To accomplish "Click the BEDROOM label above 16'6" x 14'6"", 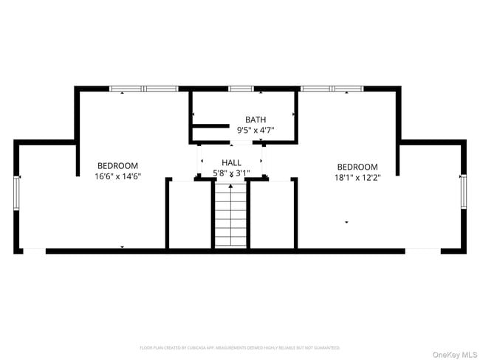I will tap(117, 166).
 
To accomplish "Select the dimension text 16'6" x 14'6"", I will tap(117, 176).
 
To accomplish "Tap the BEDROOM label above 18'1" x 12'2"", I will tap(357, 167).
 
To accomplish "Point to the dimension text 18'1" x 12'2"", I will tap(357, 177).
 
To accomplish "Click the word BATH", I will tap(256, 120).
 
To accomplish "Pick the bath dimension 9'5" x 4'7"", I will tap(256, 130).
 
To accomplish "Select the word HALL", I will tap(231, 163).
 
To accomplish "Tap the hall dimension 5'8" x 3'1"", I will tap(231, 173).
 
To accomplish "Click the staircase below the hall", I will tap(231, 215).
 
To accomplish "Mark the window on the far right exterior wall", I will tap(463, 190).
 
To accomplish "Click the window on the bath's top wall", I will tap(241, 89).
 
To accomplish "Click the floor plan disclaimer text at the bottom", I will tap(240, 347).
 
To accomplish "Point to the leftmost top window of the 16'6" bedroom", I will tap(126, 89).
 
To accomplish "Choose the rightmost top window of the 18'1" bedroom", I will tap(349, 89).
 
